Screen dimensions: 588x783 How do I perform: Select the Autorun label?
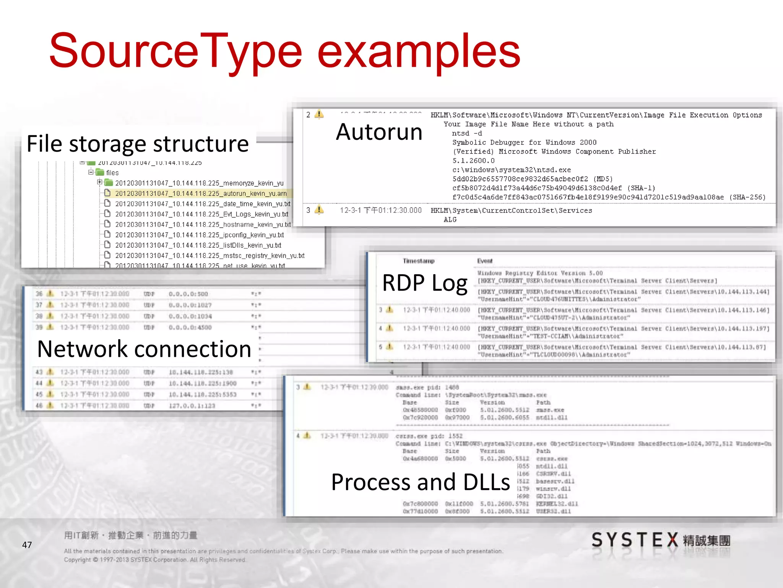(x=379, y=132)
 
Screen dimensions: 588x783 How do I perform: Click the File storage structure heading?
(x=138, y=144)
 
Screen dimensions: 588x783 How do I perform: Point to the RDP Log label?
(x=425, y=283)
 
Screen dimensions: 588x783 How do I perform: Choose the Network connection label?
(x=144, y=349)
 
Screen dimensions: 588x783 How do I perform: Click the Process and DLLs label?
(x=420, y=482)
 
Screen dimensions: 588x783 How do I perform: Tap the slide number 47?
(x=27, y=545)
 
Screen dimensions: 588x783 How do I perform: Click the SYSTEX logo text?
(x=635, y=540)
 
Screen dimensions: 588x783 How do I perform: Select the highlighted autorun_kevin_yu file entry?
(x=201, y=194)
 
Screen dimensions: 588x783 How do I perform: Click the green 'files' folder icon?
(x=100, y=173)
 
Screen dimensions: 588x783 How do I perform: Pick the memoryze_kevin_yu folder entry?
(x=199, y=183)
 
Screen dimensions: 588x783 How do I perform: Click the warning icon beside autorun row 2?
(x=319, y=114)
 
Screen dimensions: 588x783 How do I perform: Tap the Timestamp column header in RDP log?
(x=419, y=261)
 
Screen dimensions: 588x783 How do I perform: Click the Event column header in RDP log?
(x=485, y=261)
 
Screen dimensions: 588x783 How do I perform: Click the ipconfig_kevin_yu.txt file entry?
(x=199, y=235)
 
